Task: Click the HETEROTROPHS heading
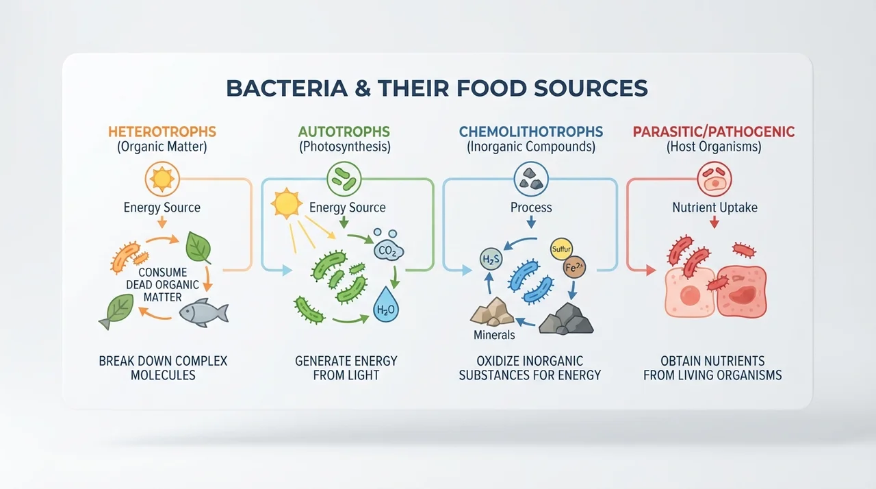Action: click(x=162, y=131)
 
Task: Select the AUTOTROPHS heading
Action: click(x=344, y=131)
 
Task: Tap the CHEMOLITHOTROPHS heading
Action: click(x=531, y=131)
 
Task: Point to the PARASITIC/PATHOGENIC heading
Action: click(x=714, y=131)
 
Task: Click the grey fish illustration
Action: click(x=204, y=312)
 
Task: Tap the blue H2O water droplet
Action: click(x=386, y=305)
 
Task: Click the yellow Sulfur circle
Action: click(x=562, y=249)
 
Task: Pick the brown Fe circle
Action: click(x=574, y=268)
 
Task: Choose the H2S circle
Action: click(x=491, y=259)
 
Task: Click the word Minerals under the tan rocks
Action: click(x=494, y=335)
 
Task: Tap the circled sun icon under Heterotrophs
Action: click(x=162, y=179)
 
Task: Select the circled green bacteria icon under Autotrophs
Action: click(x=344, y=179)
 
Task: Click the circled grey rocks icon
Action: click(x=531, y=179)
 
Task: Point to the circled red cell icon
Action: click(x=714, y=179)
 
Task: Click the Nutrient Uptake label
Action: click(x=715, y=208)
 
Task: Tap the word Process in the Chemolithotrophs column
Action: click(x=531, y=208)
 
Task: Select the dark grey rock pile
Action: click(x=566, y=319)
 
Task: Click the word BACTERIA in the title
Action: click(x=287, y=88)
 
